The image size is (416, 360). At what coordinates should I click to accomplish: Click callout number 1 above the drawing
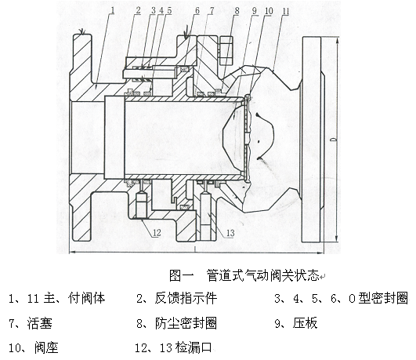pos(113,11)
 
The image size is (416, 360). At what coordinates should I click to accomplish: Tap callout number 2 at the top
pos(138,11)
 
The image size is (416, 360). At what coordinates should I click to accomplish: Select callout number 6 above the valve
pos(197,11)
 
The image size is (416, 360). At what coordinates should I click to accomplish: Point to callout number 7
pos(212,11)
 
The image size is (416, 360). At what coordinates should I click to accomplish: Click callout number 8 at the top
pos(237,11)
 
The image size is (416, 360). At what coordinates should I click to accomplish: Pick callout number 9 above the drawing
pos(255,11)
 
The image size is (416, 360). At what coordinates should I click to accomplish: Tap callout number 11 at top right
pos(286,11)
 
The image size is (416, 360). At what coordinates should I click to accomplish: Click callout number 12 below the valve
pos(157,233)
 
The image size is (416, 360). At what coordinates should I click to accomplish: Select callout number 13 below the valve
pos(230,233)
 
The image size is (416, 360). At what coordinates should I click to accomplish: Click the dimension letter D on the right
pos(335,140)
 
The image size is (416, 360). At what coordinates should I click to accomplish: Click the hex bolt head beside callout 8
pos(226,51)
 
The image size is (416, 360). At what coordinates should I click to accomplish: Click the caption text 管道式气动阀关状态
pos(263,275)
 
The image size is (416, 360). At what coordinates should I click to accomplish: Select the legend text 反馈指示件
pos(186,298)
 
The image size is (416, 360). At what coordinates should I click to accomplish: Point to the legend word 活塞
pos(39,323)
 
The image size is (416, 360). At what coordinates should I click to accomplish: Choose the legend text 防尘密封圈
pos(186,323)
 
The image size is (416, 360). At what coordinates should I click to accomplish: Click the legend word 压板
pos(305,323)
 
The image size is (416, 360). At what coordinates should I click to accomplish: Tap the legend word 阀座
pos(46,347)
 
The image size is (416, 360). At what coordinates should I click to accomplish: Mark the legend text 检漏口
pos(194,347)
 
